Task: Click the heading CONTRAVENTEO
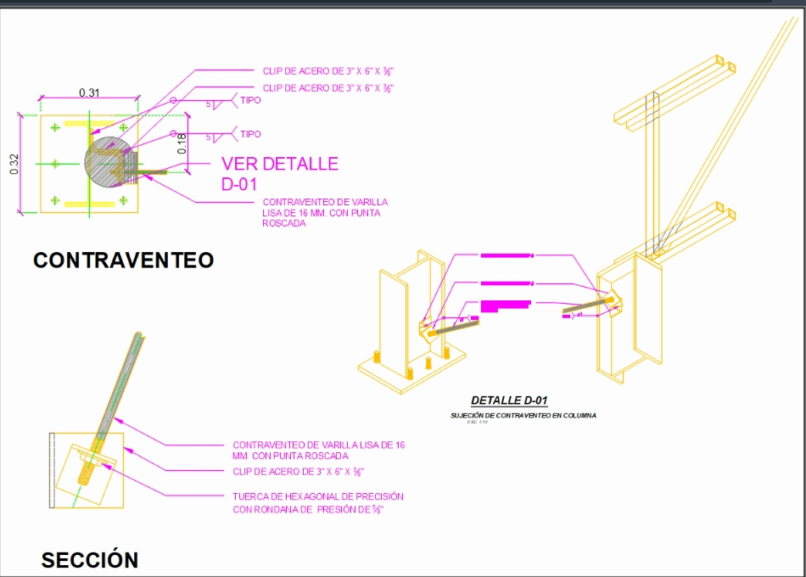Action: click(x=123, y=260)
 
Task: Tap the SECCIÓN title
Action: click(x=89, y=560)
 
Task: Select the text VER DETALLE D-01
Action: click(x=280, y=173)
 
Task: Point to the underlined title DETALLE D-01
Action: click(x=510, y=401)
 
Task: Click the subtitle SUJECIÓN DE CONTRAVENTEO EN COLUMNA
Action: click(x=523, y=416)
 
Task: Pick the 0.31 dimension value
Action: click(x=89, y=92)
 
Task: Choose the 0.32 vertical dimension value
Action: click(x=14, y=164)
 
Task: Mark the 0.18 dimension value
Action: click(x=182, y=144)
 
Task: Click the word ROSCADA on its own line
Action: click(x=283, y=224)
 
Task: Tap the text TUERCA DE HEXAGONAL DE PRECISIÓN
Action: click(x=318, y=496)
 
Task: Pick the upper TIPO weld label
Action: click(x=251, y=100)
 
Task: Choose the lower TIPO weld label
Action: click(x=251, y=134)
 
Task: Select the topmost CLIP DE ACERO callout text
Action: click(x=328, y=70)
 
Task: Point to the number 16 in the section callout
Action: click(x=400, y=445)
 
